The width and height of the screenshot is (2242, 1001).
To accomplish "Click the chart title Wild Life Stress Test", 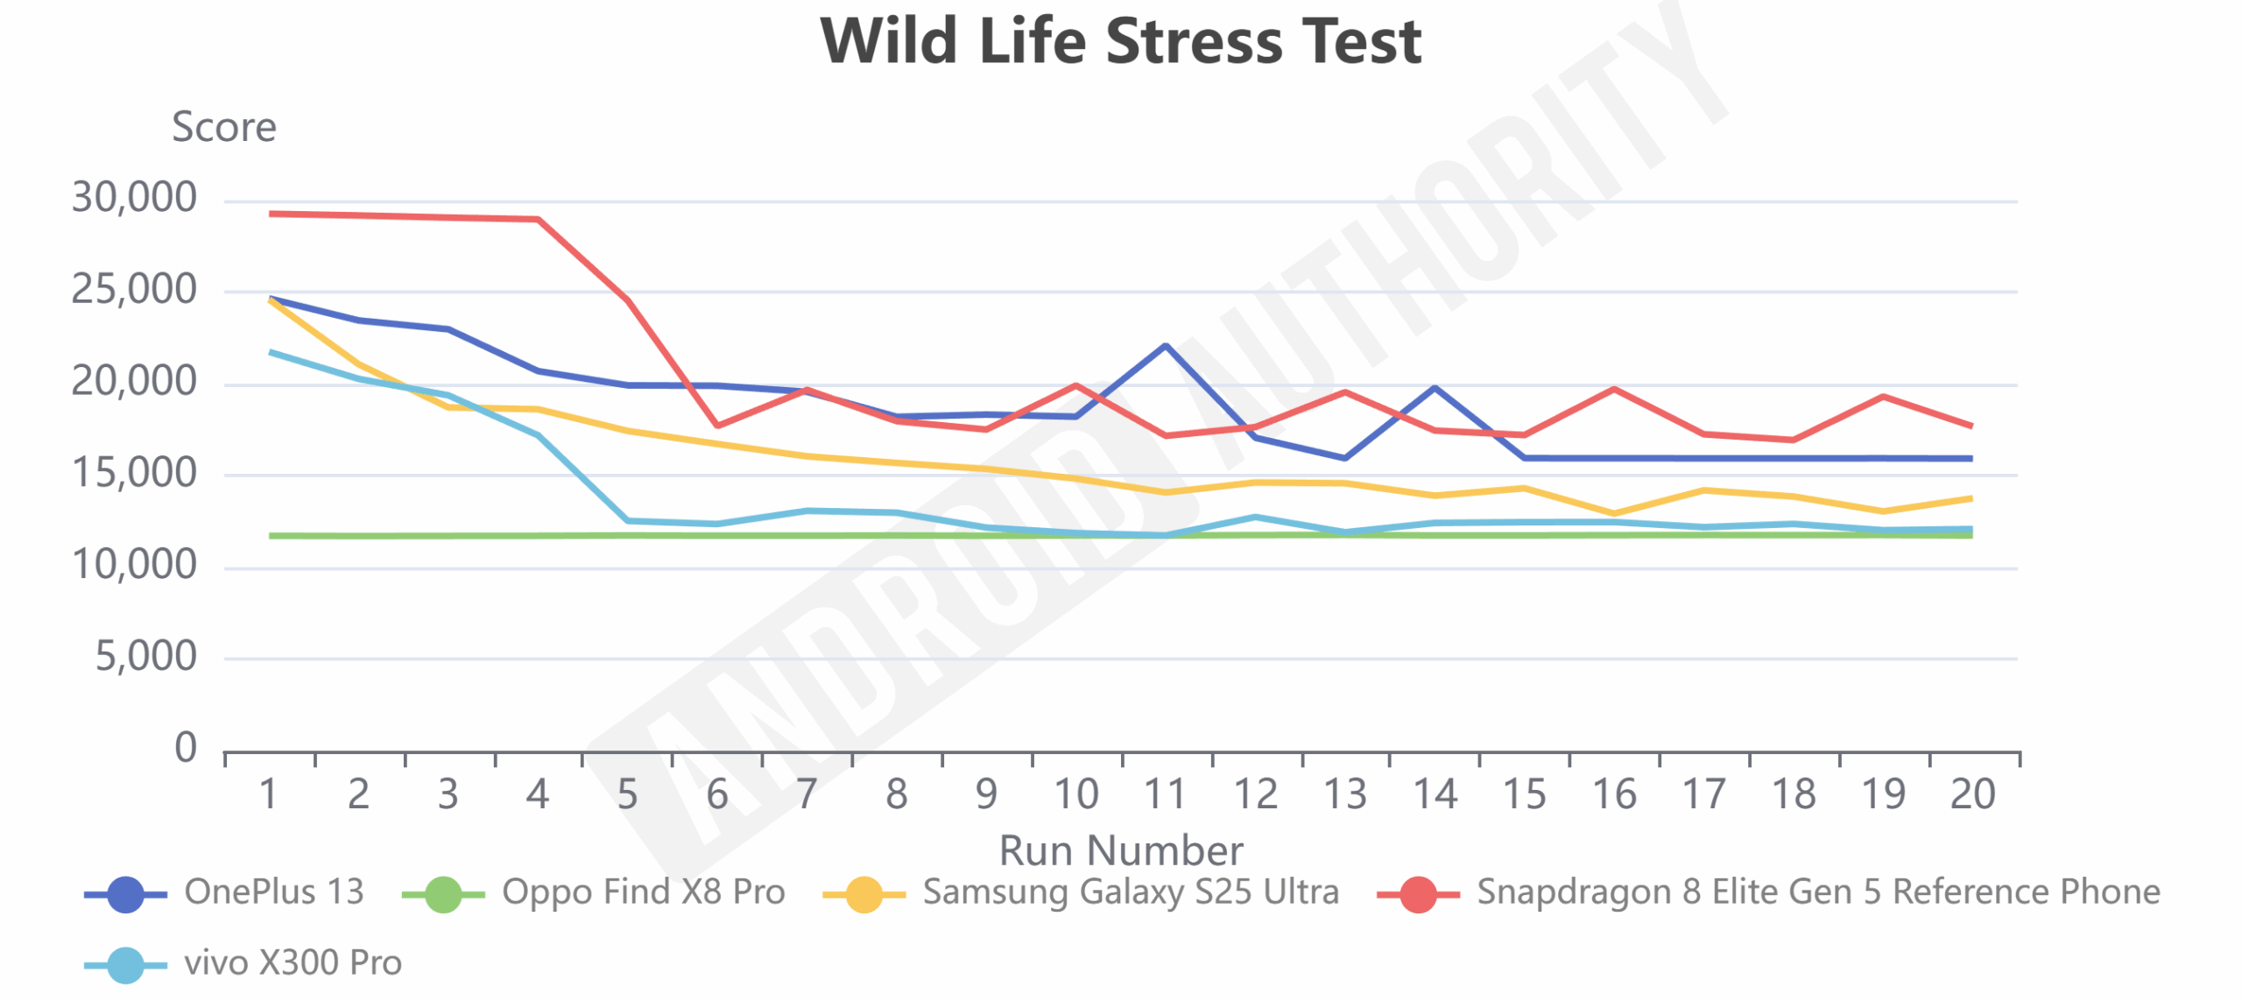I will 1120,41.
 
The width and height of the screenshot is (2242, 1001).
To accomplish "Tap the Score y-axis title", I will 224,128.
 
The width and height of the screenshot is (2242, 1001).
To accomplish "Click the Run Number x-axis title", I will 1120,849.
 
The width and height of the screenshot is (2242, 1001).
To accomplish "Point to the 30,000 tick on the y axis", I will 134,198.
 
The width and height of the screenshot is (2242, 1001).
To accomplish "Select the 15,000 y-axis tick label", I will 134,474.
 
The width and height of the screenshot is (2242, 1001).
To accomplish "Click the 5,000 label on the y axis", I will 145,657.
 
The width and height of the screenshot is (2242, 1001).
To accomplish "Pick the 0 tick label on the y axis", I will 186,748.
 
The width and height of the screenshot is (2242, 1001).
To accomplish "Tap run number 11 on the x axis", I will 1166,794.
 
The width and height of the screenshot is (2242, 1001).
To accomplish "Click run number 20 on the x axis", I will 1972,794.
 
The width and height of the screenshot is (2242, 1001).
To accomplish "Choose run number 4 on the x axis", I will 537,794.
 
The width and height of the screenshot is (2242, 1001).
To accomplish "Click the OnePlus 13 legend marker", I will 125,894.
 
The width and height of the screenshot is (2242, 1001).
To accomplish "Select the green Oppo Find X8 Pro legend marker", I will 443,894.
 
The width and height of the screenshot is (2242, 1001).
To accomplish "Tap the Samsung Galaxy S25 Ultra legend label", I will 1131,892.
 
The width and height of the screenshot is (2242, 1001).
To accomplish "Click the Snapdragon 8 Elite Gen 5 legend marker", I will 1418,894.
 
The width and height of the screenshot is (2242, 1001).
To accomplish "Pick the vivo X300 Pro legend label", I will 293,962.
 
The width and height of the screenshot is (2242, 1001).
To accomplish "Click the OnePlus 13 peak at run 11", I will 1166,345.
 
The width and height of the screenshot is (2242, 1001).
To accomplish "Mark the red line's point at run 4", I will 538,219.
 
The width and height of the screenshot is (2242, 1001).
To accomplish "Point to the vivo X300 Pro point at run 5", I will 627,521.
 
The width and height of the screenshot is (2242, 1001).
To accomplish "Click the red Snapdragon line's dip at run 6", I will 717,426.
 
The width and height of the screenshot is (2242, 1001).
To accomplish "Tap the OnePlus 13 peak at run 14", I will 1435,387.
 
